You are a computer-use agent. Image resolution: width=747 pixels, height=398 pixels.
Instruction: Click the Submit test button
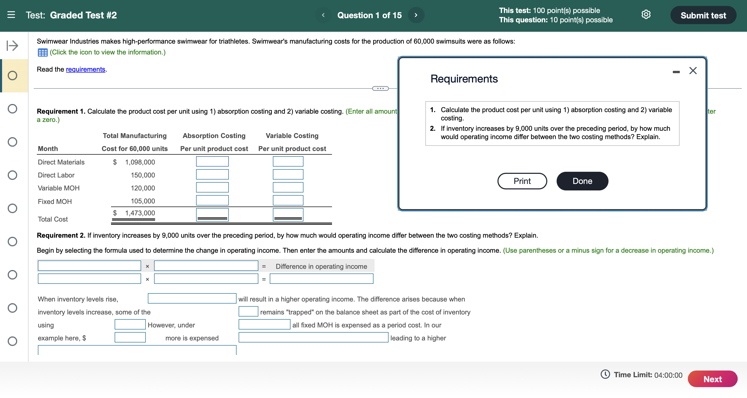click(703, 15)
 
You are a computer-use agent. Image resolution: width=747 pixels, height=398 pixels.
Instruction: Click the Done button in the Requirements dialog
click(582, 181)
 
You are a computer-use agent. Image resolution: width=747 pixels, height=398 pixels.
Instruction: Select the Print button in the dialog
click(522, 181)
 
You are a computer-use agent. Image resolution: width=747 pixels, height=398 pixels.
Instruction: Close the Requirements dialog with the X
click(693, 71)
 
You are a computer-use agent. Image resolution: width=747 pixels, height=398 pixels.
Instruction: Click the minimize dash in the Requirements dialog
click(676, 72)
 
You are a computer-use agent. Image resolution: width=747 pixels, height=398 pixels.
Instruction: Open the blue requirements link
click(85, 69)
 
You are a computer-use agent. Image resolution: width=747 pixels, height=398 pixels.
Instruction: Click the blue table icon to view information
click(43, 52)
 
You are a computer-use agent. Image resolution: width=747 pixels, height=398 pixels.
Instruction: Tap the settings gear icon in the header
click(646, 15)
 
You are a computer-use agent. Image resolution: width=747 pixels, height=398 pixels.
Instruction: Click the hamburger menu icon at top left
click(11, 15)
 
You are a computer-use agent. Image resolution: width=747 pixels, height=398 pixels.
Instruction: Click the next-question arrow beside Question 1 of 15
click(416, 15)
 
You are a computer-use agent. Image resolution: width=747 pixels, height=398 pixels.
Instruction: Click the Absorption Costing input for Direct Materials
click(212, 162)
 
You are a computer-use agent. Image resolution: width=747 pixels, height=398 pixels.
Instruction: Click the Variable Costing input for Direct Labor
click(288, 175)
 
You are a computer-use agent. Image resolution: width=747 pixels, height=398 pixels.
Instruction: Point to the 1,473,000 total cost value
click(140, 213)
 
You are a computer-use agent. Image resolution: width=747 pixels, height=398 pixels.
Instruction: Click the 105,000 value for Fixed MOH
click(143, 201)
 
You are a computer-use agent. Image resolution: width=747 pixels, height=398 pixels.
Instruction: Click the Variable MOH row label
click(59, 188)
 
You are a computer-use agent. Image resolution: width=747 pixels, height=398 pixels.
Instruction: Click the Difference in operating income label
click(321, 266)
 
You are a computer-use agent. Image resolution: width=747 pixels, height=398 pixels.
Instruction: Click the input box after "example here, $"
click(130, 337)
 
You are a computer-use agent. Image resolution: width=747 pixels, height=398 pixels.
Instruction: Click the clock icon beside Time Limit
click(605, 374)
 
